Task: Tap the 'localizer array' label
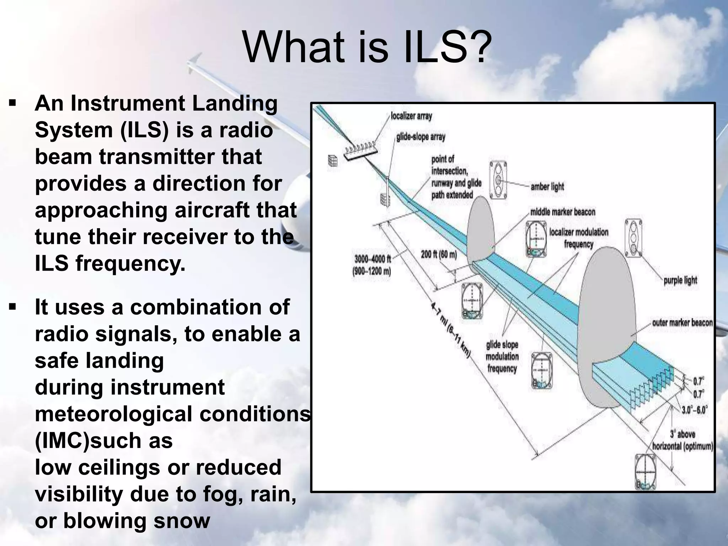(411, 116)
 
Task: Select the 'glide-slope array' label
(421, 137)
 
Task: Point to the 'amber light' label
(547, 186)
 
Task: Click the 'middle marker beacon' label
(563, 212)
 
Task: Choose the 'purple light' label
(680, 280)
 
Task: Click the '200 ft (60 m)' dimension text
(439, 254)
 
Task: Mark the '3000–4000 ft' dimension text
(373, 259)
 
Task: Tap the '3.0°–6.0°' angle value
(695, 410)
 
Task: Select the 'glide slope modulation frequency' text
(502, 357)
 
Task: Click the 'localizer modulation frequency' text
(579, 238)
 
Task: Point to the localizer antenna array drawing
(360, 150)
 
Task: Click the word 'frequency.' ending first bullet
(130, 263)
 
